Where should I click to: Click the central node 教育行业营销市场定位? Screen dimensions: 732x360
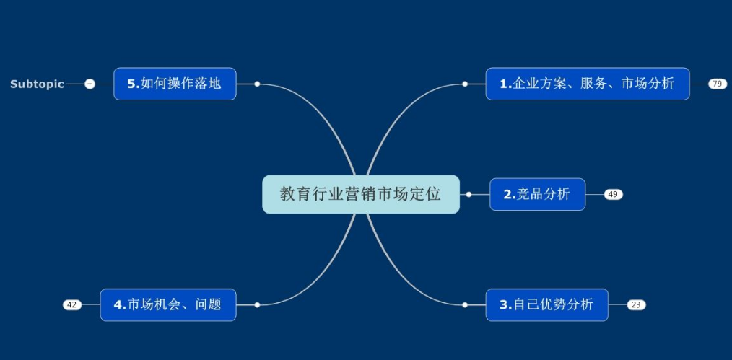click(x=361, y=195)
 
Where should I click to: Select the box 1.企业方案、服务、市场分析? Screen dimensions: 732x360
click(x=588, y=84)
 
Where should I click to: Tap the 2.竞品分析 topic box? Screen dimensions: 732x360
click(x=537, y=195)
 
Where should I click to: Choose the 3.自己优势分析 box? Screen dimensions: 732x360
click(x=546, y=305)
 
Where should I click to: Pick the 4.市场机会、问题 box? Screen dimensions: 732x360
click(x=168, y=305)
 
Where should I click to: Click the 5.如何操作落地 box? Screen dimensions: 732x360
click(x=175, y=84)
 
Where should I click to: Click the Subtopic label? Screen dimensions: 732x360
click(x=37, y=84)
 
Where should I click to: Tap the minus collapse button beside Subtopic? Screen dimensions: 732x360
click(x=90, y=84)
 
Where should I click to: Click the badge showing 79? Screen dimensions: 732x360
click(x=718, y=84)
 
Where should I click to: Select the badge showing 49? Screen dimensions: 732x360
click(x=614, y=195)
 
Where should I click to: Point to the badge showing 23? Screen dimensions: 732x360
click(x=636, y=305)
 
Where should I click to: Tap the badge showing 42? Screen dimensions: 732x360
click(x=72, y=305)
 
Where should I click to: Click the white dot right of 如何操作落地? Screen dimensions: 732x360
click(x=257, y=84)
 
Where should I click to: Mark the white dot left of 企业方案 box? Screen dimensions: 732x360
click(x=465, y=84)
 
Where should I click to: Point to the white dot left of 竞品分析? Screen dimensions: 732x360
click(x=469, y=195)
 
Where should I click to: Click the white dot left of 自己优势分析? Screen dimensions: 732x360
click(x=465, y=305)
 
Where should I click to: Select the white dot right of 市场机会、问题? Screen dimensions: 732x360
click(x=257, y=305)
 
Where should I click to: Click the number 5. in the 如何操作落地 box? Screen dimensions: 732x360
click(x=134, y=84)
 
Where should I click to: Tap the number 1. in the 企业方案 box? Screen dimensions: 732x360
click(x=506, y=84)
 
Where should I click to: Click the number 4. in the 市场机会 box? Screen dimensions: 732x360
click(x=120, y=305)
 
